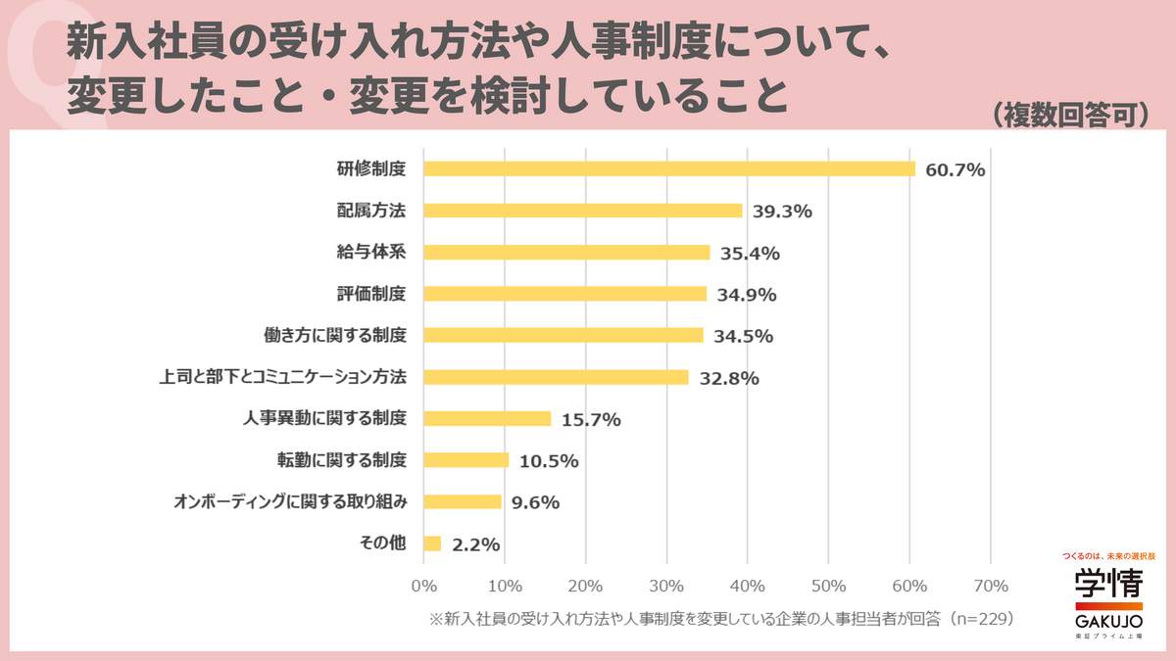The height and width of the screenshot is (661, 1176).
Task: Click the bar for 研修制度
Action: [x=668, y=168]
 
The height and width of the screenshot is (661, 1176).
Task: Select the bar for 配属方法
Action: [x=582, y=211]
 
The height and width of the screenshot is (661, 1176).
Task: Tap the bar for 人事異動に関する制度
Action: [x=486, y=418]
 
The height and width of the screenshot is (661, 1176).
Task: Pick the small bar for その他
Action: [x=432, y=543]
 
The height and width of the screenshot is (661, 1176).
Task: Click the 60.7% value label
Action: [x=955, y=169]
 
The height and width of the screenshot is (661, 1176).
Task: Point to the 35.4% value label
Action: [x=750, y=253]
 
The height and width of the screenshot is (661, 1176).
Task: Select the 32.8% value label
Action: [x=729, y=378]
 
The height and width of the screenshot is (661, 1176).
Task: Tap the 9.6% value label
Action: [x=535, y=502]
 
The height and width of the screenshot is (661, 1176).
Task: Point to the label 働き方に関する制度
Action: [x=336, y=335]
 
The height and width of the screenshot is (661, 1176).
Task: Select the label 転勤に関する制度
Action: [x=342, y=459]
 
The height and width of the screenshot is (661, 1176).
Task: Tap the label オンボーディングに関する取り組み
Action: [x=289, y=501]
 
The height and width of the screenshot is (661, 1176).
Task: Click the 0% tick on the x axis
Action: [x=423, y=587]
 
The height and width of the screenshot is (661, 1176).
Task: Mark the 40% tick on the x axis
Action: [x=748, y=587]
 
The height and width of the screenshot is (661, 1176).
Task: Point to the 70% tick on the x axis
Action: [x=990, y=587]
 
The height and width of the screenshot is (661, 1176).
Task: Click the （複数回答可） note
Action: [x=1069, y=116]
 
